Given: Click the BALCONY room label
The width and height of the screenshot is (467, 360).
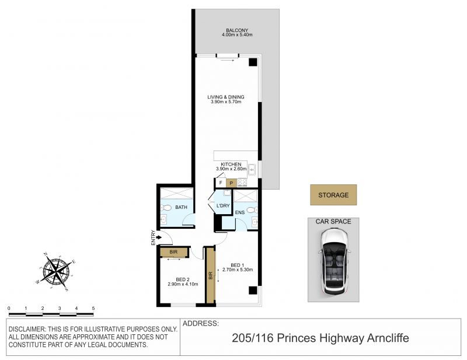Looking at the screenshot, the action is [237, 30].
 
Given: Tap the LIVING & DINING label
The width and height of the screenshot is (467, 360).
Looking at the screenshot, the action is [226, 97].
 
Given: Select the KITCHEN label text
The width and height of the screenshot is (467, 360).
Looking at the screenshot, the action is [231, 165].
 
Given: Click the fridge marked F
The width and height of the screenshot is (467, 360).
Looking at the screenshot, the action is [221, 183].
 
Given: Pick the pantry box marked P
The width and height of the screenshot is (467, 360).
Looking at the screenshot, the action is [231, 183].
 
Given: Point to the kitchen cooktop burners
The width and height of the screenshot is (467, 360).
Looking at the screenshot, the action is [242, 183].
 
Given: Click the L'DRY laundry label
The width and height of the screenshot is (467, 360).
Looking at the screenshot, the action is [223, 206].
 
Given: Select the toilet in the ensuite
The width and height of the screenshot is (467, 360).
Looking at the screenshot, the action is [252, 210].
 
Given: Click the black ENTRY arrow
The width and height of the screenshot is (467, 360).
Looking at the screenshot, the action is [159, 237].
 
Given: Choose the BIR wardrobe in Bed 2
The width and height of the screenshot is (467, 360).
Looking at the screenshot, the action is [174, 252].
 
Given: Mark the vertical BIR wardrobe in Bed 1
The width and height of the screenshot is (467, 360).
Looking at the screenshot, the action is [211, 275].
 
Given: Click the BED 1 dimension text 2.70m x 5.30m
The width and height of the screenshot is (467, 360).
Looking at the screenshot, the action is [238, 270].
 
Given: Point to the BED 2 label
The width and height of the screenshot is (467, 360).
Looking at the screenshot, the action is [183, 279].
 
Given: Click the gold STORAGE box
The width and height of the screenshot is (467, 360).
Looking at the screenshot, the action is [333, 195].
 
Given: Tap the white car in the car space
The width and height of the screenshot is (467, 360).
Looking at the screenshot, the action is [333, 262].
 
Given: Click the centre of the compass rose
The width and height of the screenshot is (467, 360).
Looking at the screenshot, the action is [56, 271].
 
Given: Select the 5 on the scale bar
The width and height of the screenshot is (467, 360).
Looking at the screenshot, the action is [93, 309].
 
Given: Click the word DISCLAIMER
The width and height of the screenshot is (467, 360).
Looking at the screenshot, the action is [26, 329].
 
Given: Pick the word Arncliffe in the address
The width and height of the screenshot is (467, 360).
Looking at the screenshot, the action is [388, 338].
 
